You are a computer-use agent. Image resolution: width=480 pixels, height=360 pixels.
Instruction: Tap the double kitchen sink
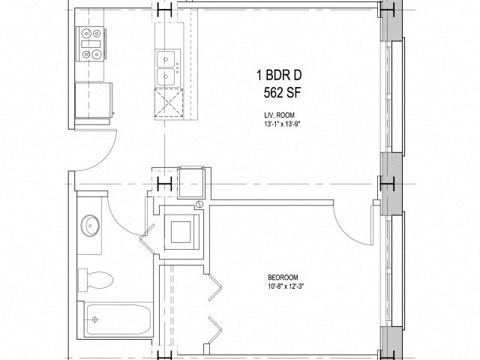[x=166, y=68]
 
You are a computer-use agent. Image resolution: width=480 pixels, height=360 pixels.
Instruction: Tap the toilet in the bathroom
[x=97, y=279]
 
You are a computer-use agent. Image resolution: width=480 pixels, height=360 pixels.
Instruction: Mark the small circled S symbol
[x=199, y=205]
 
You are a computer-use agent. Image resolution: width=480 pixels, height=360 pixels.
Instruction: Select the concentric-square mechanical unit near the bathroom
[x=181, y=231]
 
